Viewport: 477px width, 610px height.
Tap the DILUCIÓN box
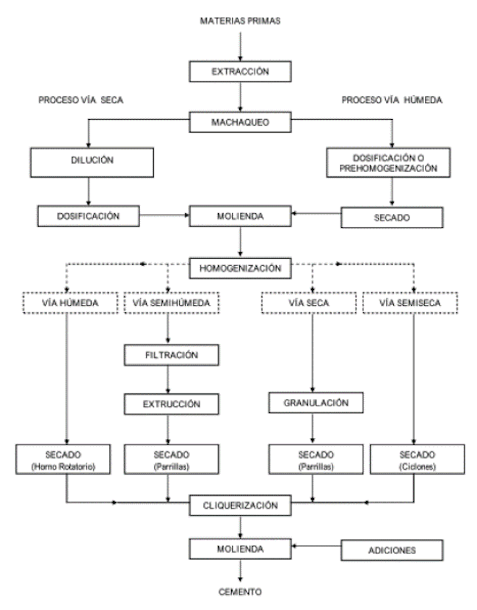point(88,160)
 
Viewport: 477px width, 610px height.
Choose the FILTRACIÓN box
point(170,355)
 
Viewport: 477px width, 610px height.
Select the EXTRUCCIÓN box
point(170,403)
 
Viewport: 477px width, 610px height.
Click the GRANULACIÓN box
point(313,403)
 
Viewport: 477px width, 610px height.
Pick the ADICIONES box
point(391,548)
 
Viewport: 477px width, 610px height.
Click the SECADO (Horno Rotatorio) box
point(68,458)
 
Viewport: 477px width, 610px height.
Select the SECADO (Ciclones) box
point(413,458)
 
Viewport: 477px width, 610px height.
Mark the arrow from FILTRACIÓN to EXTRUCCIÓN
point(170,379)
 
